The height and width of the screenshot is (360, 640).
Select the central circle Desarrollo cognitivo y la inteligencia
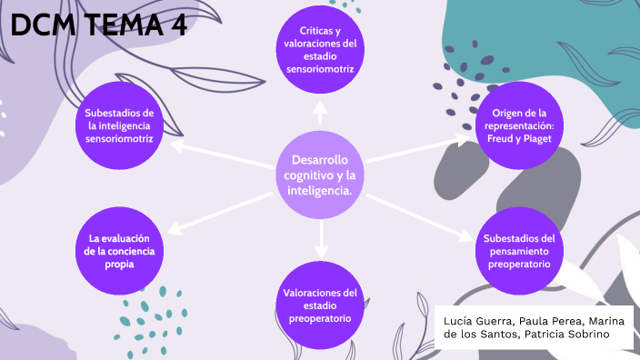(319, 174)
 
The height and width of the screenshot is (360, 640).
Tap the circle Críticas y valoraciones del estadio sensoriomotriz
(320, 49)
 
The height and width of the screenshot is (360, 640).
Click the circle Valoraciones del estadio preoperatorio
(319, 305)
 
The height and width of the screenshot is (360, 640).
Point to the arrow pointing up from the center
(320, 112)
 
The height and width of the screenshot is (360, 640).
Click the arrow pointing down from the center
(320, 238)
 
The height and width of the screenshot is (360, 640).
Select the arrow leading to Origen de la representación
(419, 149)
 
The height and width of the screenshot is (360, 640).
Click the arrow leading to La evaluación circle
(219, 211)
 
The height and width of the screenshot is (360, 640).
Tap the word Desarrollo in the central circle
(319, 160)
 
